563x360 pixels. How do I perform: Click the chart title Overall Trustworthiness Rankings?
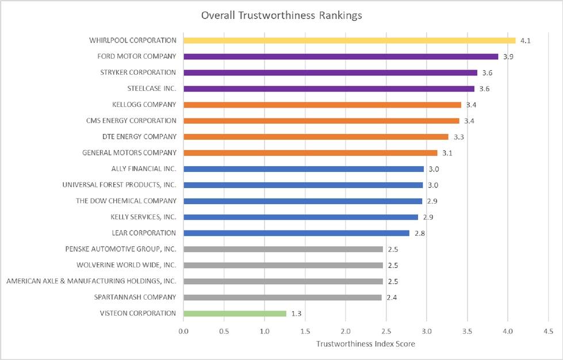(x=281, y=16)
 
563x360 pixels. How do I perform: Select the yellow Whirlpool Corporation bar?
(x=349, y=40)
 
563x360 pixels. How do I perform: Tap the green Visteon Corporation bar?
(x=235, y=313)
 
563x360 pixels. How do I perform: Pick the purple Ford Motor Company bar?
(x=340, y=56)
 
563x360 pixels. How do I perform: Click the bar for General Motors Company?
(x=310, y=153)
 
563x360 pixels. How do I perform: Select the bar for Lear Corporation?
(x=296, y=233)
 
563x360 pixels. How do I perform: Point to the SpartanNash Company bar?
(x=282, y=297)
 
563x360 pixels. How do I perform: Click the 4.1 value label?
(x=525, y=41)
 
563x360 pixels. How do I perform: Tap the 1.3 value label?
(x=297, y=313)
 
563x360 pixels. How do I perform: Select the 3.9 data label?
(x=508, y=57)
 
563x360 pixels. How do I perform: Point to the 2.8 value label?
(x=419, y=233)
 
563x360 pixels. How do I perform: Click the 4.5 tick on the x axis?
(x=548, y=332)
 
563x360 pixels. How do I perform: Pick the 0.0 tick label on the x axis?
(x=183, y=332)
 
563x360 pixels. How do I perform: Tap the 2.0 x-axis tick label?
(x=346, y=332)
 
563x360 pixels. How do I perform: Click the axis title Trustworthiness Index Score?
(x=366, y=344)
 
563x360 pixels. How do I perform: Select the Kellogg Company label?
(x=144, y=105)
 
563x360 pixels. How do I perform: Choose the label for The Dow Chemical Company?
(x=126, y=201)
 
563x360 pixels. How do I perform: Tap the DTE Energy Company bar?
(x=316, y=137)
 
